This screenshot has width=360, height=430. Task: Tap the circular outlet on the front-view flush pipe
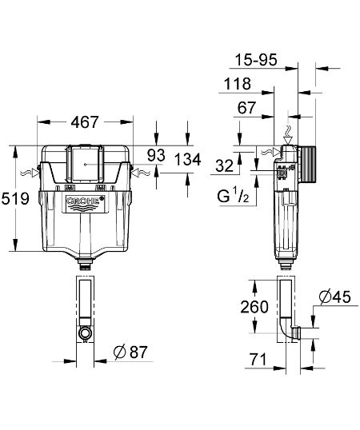pos(85,331)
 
